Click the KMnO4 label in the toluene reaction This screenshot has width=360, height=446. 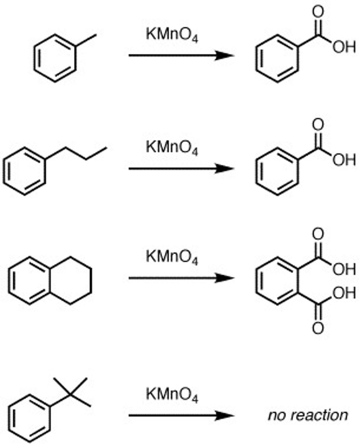coord(171,35)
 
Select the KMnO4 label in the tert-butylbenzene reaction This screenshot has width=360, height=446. coord(171,395)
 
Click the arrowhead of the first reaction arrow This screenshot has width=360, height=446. coord(225,56)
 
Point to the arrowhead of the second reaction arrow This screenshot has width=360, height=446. coord(225,168)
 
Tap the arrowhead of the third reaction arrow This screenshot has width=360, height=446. coord(225,278)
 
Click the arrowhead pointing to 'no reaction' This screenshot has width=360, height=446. coord(225,415)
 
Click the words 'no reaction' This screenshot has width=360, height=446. coord(308,415)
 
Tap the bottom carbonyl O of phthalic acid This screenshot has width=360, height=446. coord(318,329)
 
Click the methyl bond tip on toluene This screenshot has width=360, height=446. coord(96,36)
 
